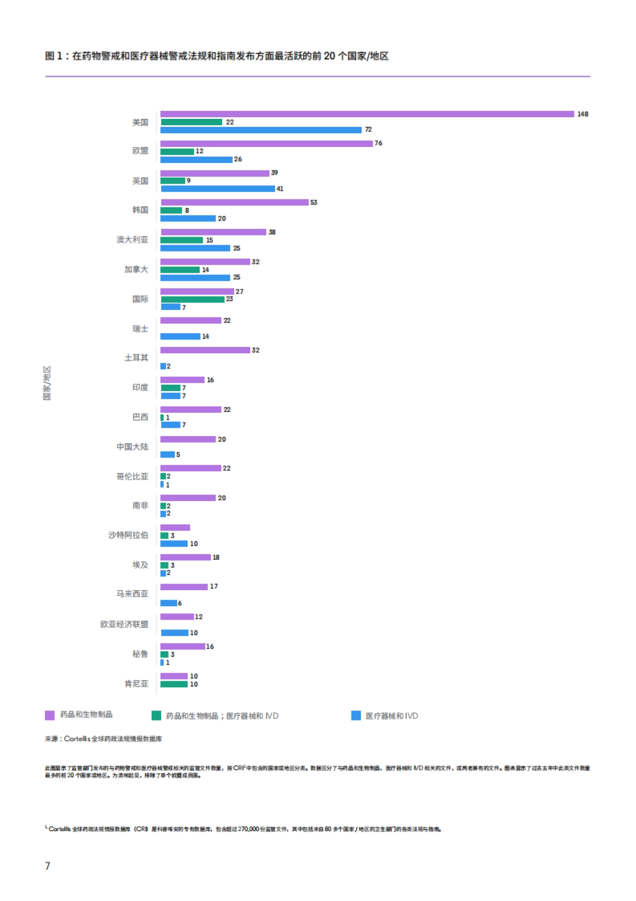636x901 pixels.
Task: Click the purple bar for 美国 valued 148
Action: [367, 114]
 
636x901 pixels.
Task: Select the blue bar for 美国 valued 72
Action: [261, 130]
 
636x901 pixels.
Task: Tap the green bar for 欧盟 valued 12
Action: [178, 152]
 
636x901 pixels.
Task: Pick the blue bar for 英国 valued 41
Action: [218, 189]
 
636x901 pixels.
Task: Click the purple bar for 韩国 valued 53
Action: [234, 202]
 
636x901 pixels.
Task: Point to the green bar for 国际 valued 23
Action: [192, 299]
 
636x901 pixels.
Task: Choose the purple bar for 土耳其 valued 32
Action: [205, 350]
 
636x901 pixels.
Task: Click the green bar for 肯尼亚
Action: [174, 685]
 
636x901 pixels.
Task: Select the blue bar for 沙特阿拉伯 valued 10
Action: [174, 544]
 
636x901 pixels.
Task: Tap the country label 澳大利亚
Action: [132, 240]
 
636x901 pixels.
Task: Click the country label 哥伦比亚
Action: [132, 477]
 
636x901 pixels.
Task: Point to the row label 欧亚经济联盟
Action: [125, 625]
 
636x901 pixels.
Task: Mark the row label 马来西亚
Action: [132, 594]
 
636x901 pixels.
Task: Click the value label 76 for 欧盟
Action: [378, 143]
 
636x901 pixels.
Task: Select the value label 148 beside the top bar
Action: [582, 114]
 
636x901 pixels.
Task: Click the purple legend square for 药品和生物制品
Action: [50, 715]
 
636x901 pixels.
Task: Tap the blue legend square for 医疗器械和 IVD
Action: [356, 716]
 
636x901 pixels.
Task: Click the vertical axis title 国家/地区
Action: [47, 383]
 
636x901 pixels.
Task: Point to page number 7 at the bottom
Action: [48, 866]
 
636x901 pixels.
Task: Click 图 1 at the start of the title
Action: [54, 56]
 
